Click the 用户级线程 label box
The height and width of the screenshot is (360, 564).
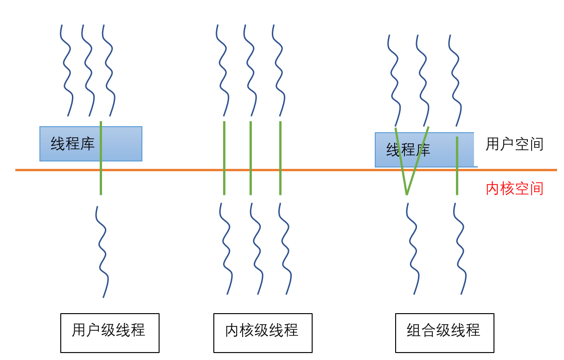tap(110, 333)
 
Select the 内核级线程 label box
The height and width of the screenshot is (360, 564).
tap(263, 333)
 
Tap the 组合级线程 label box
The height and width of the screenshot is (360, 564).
tap(445, 333)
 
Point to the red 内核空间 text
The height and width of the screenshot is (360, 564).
tap(514, 188)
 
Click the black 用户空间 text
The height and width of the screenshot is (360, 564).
tap(514, 144)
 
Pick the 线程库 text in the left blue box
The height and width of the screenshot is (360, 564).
tap(72, 144)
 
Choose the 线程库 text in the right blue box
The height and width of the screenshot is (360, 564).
tap(408, 150)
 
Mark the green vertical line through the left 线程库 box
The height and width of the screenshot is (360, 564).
tap(101, 158)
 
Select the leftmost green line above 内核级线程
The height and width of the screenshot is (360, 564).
tap(224, 158)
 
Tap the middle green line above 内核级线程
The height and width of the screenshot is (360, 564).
tap(250, 158)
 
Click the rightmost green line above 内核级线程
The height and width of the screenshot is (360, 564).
tap(280, 158)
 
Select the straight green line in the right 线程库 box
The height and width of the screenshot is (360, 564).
tap(457, 166)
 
